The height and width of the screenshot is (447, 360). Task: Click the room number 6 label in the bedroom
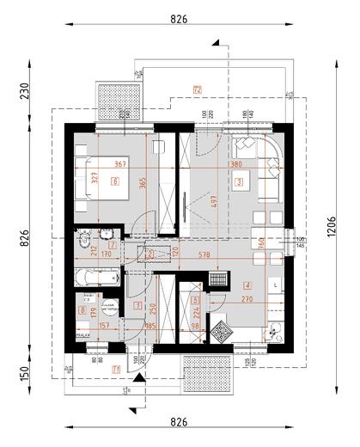[115, 181]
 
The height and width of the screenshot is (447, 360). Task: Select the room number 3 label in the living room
[240, 181]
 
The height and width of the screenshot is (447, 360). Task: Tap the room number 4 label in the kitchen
[247, 286]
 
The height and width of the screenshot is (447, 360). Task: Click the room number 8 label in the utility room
[82, 310]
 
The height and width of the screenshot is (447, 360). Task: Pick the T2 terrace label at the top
[197, 89]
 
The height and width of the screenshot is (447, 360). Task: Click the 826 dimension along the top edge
[179, 18]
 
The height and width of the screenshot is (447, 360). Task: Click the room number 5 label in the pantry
[195, 300]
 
